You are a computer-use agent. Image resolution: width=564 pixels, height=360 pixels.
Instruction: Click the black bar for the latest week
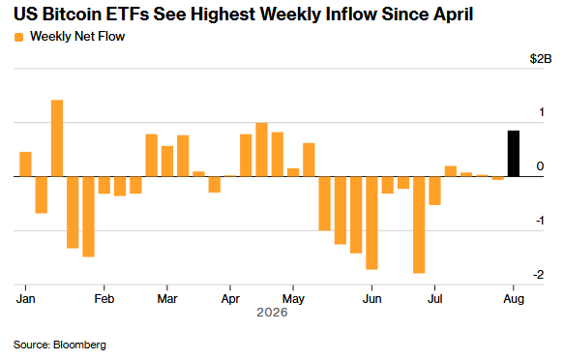tap(514, 154)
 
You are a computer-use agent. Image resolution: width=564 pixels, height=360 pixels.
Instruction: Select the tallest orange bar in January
tap(57, 138)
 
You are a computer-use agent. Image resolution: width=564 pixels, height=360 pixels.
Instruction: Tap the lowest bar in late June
tap(419, 225)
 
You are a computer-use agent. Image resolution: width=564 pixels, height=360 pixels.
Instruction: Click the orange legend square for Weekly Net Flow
tap(18, 37)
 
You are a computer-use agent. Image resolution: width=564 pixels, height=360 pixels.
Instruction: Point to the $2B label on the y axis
tap(540, 59)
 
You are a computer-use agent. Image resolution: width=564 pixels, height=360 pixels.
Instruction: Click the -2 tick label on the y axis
tap(539, 275)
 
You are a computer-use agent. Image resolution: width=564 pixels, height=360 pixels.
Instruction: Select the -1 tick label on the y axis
tap(540, 221)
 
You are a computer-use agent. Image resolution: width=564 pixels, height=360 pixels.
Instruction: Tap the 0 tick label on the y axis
tap(540, 166)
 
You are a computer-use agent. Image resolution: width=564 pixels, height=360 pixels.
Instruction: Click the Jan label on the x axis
tap(25, 299)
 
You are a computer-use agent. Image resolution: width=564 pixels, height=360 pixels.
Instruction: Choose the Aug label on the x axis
tap(514, 299)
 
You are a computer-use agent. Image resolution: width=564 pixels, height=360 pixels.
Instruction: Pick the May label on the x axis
tap(293, 299)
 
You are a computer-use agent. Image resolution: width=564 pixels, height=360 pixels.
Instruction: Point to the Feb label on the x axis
tap(104, 299)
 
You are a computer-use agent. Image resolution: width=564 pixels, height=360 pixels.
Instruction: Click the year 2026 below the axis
tap(272, 313)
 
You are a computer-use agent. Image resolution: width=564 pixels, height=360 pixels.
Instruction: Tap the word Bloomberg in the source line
tap(79, 345)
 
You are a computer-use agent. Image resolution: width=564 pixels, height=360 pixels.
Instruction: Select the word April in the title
tap(454, 15)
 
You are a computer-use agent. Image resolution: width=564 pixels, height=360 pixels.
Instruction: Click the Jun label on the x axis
tap(371, 299)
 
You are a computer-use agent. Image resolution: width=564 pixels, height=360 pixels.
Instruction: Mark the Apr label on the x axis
tap(230, 299)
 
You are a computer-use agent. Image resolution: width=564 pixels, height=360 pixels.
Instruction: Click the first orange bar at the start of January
tap(25, 165)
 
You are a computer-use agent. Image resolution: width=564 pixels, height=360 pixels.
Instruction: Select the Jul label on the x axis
tap(435, 299)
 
